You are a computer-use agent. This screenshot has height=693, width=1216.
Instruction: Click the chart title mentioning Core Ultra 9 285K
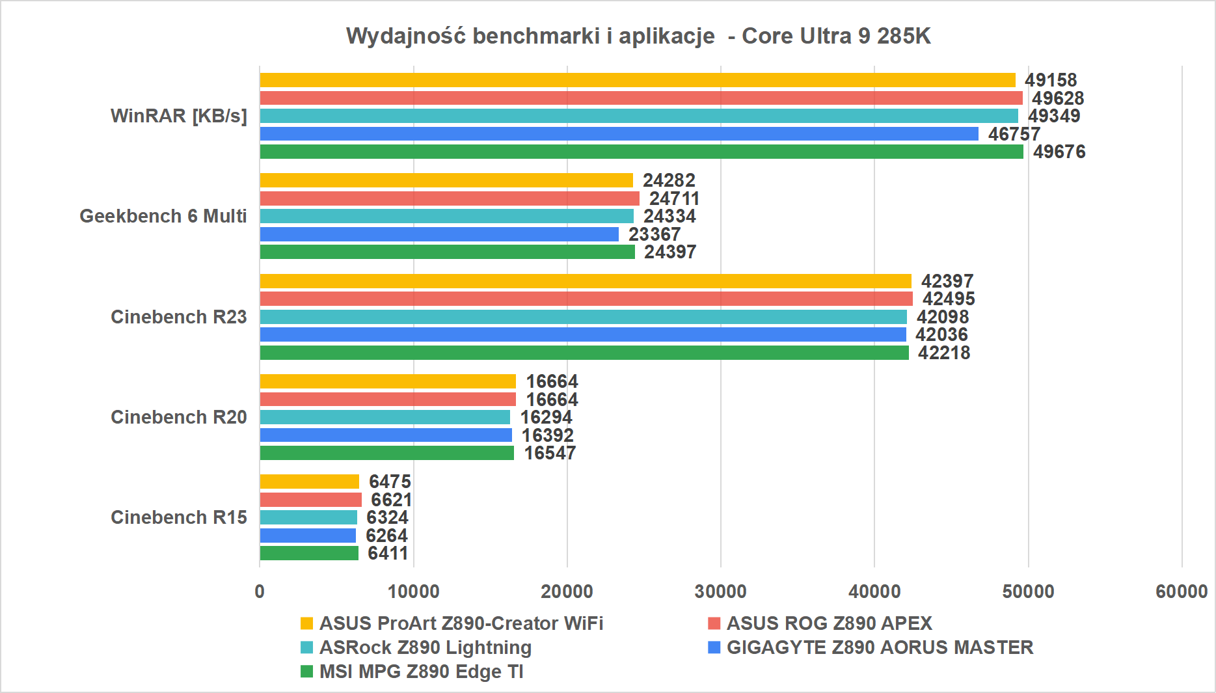click(x=638, y=36)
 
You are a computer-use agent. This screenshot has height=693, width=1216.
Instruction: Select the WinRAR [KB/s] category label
click(x=179, y=116)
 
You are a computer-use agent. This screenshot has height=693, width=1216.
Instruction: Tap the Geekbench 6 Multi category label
click(x=163, y=216)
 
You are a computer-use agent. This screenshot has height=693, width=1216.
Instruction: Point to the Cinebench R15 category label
click(x=179, y=517)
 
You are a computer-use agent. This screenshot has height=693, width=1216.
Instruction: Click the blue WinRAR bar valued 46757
click(x=619, y=134)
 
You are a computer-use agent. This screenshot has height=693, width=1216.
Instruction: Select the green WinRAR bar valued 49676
click(x=642, y=152)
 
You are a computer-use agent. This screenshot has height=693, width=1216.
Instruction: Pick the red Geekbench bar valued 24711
click(x=450, y=198)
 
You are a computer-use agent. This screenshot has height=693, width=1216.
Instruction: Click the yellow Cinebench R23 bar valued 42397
click(x=586, y=281)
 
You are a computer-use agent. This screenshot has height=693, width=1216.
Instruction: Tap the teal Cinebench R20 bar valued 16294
click(x=385, y=417)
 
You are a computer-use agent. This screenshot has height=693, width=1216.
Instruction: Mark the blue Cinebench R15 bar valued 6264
click(x=308, y=536)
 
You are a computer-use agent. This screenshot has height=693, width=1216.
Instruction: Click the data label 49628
click(x=1058, y=98)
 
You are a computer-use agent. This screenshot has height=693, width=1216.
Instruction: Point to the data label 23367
click(x=655, y=234)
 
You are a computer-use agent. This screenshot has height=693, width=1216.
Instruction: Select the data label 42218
click(x=944, y=353)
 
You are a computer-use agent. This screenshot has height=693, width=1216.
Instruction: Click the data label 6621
click(x=392, y=500)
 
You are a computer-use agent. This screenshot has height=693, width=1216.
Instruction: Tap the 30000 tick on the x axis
click(x=721, y=591)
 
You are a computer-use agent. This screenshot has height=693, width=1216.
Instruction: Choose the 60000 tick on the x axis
click(x=1182, y=591)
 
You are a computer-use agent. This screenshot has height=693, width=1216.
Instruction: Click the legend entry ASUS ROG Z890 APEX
click(x=829, y=623)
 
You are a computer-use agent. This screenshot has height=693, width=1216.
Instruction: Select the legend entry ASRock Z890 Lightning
click(x=426, y=647)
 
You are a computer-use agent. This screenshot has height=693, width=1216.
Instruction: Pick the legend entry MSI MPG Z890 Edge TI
click(x=421, y=672)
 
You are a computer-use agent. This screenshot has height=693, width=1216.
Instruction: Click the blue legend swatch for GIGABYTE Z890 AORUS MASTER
click(x=714, y=647)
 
